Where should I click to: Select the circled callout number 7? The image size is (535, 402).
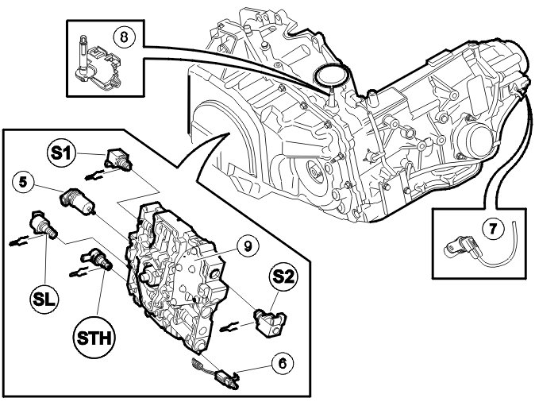tap(493, 230)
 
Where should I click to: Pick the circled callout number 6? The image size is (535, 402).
tap(280, 363)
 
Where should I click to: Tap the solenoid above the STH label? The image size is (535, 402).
tap(97, 259)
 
